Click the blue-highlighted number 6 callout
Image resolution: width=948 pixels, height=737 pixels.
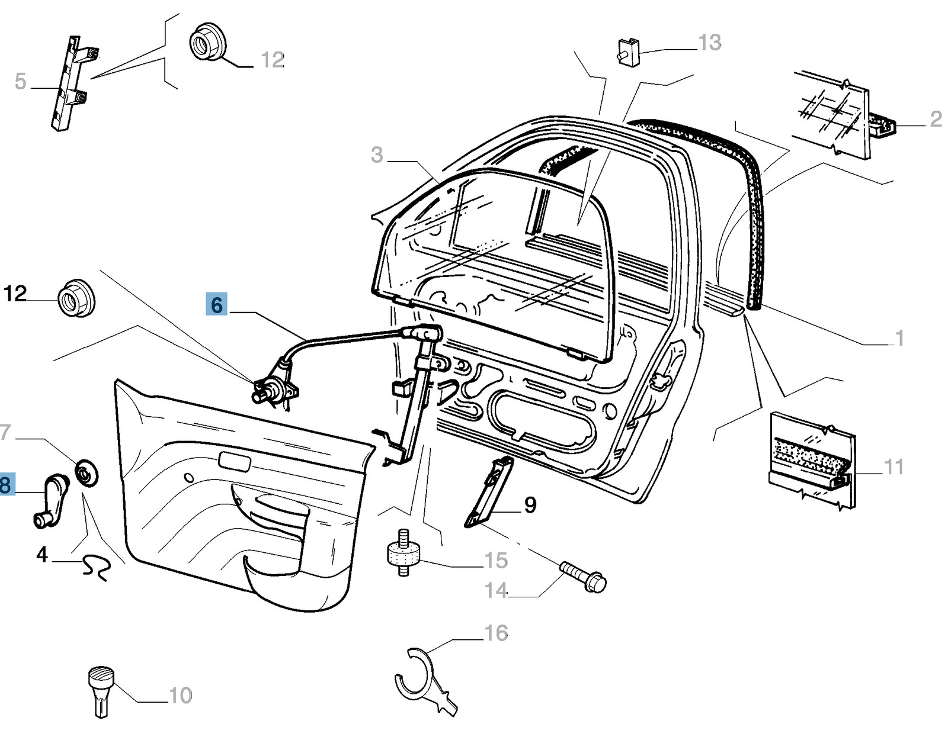click(216, 305)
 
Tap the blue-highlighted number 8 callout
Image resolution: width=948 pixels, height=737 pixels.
click(5, 485)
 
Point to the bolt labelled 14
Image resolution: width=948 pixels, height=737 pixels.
click(582, 576)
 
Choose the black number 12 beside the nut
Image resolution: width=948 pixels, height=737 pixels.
click(15, 294)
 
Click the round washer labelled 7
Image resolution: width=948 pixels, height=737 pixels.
click(87, 472)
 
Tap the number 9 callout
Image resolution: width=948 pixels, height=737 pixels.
click(530, 505)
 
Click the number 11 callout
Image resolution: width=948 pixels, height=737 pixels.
click(893, 467)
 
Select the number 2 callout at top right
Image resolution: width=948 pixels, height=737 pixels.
click(936, 119)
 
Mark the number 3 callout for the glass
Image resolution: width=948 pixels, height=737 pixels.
click(377, 155)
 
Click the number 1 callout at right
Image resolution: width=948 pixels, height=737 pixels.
click(899, 338)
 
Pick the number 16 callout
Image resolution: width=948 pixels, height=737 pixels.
click(497, 633)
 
